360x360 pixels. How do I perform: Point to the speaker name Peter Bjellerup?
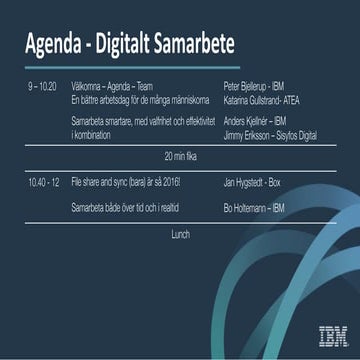(246, 87)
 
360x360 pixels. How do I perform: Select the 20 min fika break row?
(181, 156)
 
